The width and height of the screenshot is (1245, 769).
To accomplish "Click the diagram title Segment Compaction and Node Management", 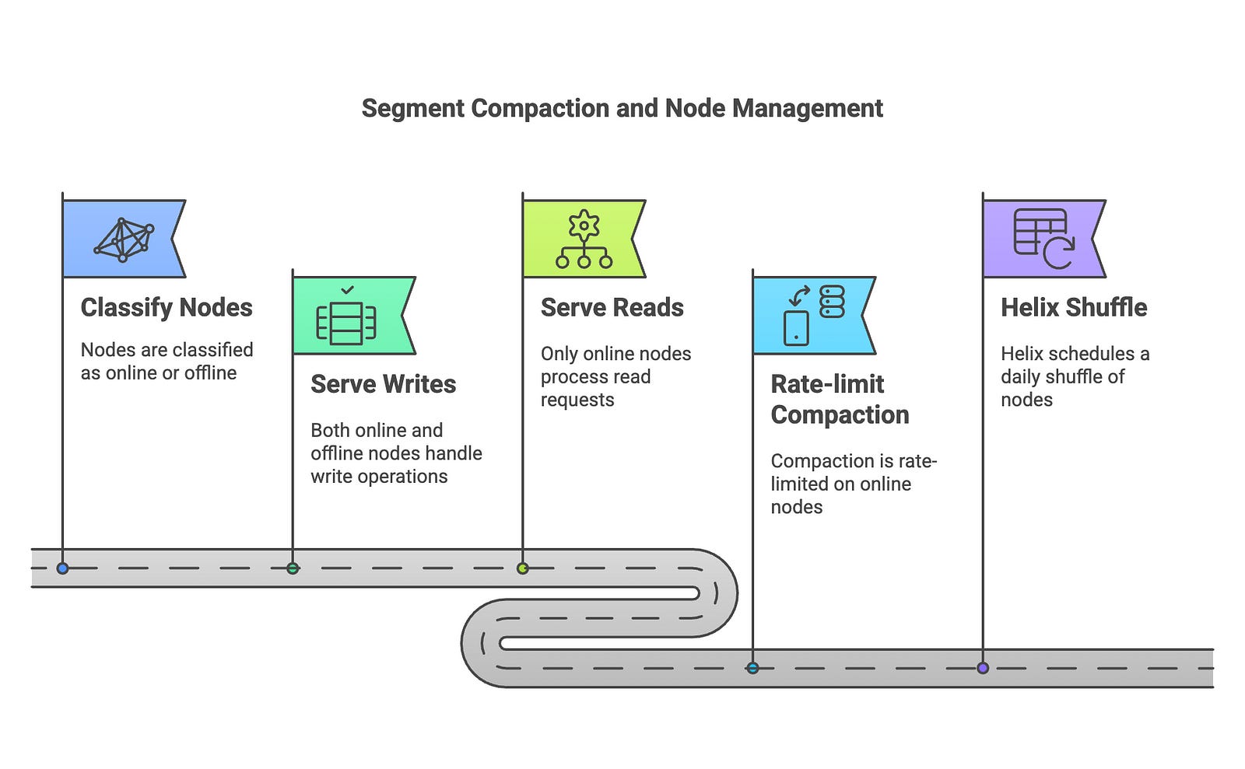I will click(x=622, y=108).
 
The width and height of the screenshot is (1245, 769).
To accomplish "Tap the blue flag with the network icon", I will click(x=122, y=239).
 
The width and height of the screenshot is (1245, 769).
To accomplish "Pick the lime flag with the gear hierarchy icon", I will click(x=583, y=239).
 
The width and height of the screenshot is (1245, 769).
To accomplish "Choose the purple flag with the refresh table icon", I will click(x=1042, y=239).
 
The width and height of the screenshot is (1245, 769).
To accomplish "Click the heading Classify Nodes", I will click(x=167, y=308).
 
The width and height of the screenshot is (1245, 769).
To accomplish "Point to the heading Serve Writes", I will click(x=383, y=384).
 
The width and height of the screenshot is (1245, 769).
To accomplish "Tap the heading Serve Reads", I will click(x=612, y=308).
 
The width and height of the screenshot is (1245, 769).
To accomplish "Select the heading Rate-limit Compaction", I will click(x=839, y=400).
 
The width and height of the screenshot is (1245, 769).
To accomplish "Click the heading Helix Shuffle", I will click(x=1074, y=308).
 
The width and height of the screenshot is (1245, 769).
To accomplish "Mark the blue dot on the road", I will click(x=63, y=568).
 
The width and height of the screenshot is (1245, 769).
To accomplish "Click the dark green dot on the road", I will click(x=293, y=568).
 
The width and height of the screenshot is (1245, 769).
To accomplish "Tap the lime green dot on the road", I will click(x=523, y=568).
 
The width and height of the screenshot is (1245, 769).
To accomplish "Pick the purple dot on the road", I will click(x=983, y=668).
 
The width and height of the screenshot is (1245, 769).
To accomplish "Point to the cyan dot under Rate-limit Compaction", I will click(x=752, y=668).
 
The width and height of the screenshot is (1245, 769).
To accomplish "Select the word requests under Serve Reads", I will click(x=577, y=400).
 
